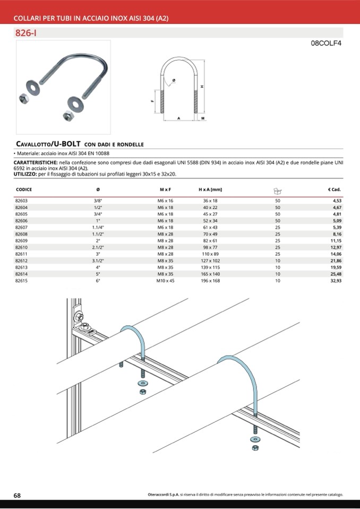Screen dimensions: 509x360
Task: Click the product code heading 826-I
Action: [26, 33]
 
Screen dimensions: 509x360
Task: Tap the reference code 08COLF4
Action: [325, 44]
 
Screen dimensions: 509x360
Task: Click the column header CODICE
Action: [24, 189]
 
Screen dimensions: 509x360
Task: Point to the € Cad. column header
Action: [334, 189]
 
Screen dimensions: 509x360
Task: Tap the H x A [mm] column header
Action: [210, 189]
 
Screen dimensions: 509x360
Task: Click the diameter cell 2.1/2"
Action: [98, 247]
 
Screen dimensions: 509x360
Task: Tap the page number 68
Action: [17, 495]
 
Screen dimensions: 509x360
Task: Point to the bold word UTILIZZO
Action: [25, 174]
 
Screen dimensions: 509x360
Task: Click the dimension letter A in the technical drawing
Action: [178, 117]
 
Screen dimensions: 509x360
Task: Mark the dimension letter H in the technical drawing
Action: [202, 87]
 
